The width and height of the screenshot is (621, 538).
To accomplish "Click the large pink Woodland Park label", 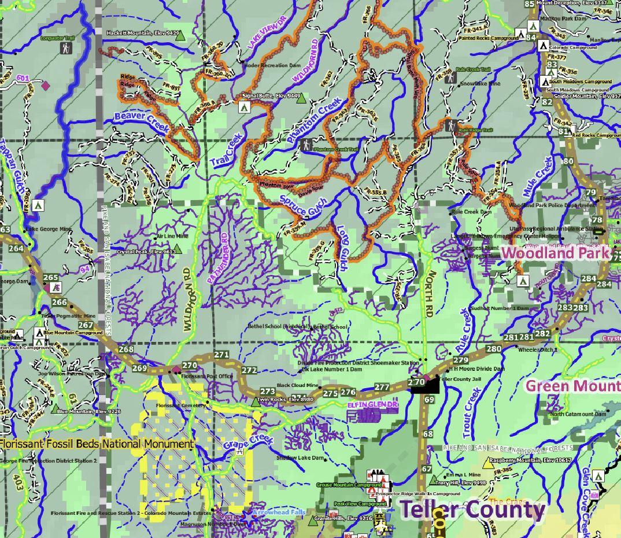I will tap(556, 253).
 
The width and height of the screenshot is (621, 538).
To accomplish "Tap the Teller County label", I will tap(472, 510).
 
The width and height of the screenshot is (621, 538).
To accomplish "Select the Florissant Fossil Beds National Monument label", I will tap(97, 444).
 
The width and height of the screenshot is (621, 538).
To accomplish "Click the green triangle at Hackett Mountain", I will tap(180, 36).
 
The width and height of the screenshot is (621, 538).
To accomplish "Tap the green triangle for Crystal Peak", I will tap(178, 249).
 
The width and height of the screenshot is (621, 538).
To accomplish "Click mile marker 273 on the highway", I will tap(268, 392).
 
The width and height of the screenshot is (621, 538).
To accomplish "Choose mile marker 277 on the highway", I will tap(382, 387).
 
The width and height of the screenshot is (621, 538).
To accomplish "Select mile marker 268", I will tap(125, 349).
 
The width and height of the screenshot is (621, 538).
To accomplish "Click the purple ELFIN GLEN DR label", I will tap(372, 404).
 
